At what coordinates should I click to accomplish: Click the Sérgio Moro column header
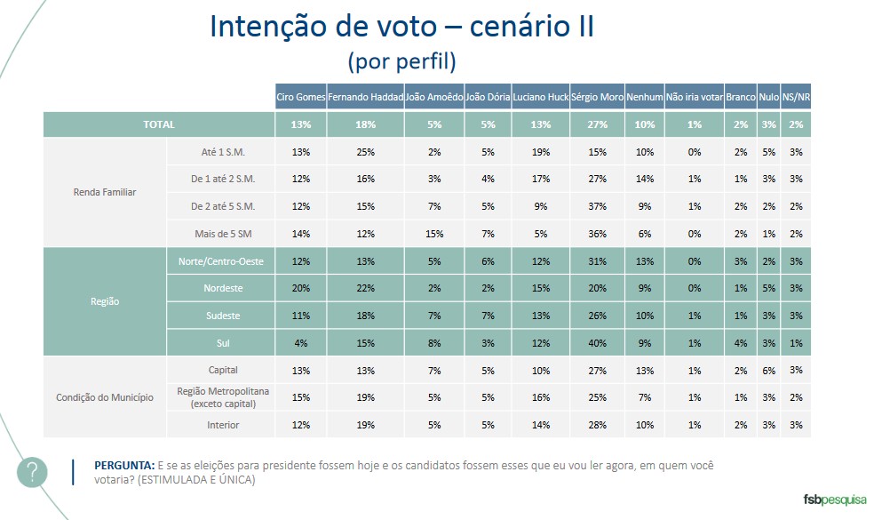point(597,97)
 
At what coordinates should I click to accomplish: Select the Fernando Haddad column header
point(366,97)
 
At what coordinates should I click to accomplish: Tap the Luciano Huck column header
point(541,97)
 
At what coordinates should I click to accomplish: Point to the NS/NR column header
point(796,97)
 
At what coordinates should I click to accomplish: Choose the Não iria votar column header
point(694,97)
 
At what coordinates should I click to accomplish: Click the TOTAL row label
point(159,124)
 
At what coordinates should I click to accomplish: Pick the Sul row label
point(222,343)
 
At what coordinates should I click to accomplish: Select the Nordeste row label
point(222,288)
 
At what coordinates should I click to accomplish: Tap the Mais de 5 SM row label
point(222,234)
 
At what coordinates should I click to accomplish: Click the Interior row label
point(222,425)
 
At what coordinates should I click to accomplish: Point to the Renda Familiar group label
point(106,193)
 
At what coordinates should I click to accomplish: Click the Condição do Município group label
point(106,397)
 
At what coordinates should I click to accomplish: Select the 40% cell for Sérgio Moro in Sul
point(597,343)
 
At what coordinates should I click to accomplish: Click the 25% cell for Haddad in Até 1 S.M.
point(366,152)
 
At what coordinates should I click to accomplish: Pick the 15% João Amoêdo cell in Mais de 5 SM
point(434,234)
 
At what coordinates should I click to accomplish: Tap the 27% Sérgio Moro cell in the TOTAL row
point(597,124)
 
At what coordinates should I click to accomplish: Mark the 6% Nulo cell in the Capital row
point(769,370)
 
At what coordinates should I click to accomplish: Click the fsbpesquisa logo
point(834,500)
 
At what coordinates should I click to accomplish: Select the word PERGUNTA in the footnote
point(124,466)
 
